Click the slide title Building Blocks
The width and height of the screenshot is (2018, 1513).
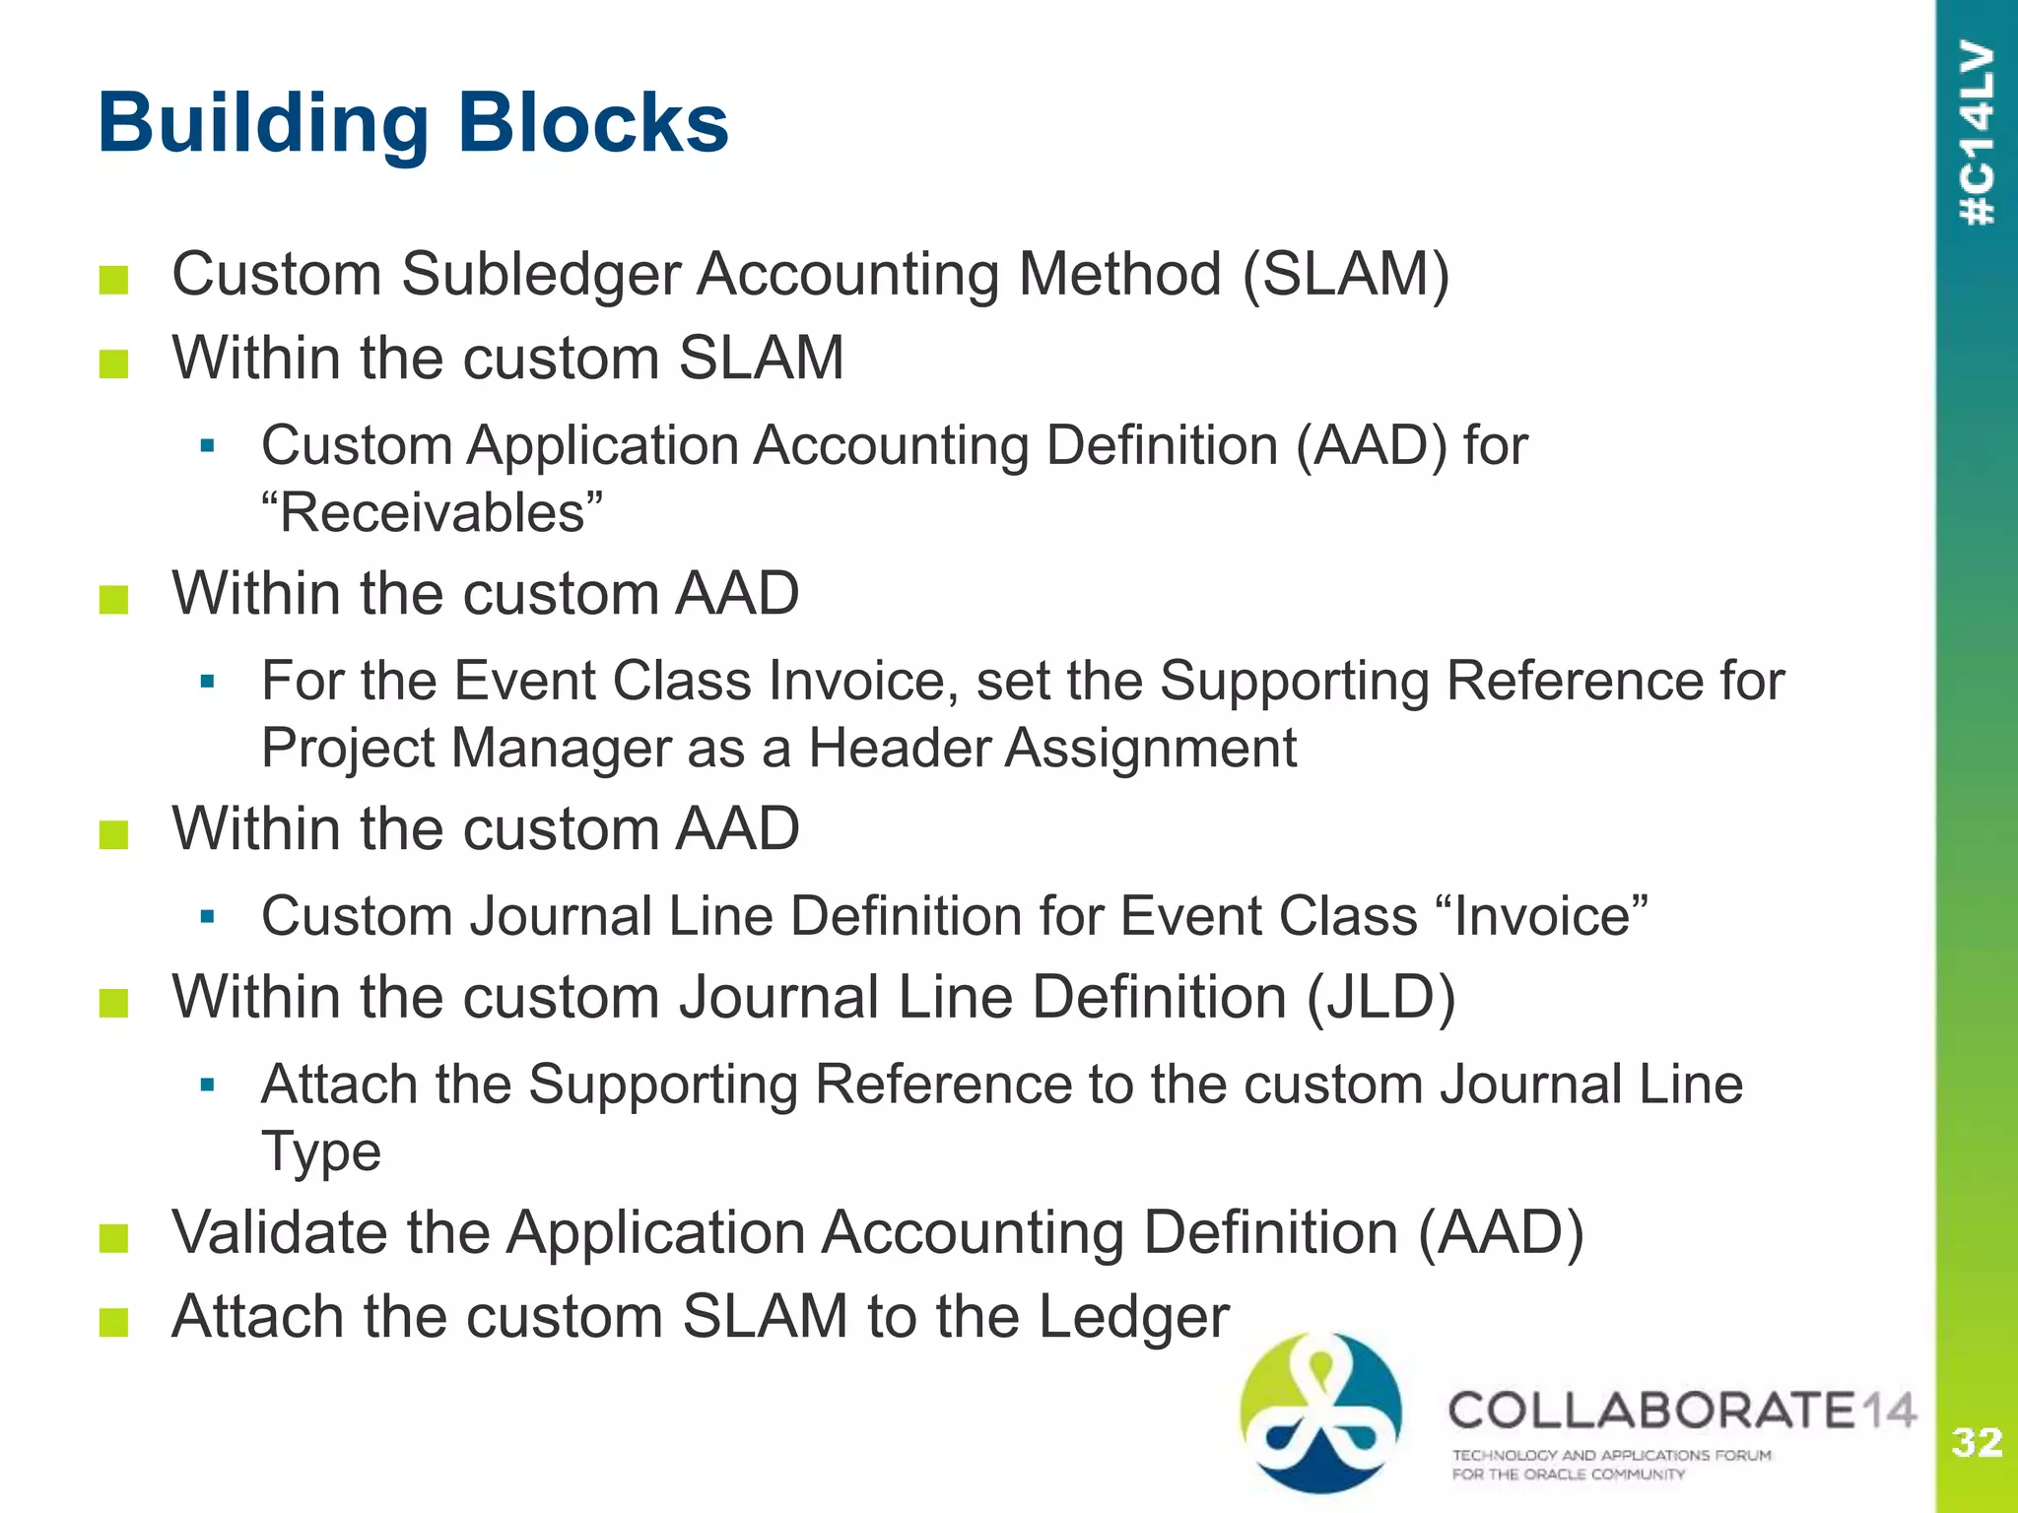pyautogui.click(x=413, y=124)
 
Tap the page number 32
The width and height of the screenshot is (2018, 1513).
pyautogui.click(x=1977, y=1443)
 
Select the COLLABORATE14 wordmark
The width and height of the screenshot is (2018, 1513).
pyautogui.click(x=1681, y=1411)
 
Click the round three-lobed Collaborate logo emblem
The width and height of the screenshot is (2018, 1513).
pyautogui.click(x=1320, y=1411)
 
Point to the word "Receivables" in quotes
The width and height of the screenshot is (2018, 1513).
pyautogui.click(x=432, y=513)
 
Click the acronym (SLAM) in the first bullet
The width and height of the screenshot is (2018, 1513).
pyautogui.click(x=1345, y=274)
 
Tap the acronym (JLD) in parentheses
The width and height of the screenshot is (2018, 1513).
pyautogui.click(x=1380, y=997)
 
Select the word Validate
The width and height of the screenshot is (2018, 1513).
pyautogui.click(x=330, y=1232)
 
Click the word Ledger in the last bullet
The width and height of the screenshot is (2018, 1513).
pyautogui.click(x=1134, y=1316)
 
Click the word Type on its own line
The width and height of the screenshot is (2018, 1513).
pyautogui.click(x=320, y=1151)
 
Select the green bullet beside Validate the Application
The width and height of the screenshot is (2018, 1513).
pyautogui.click(x=114, y=1238)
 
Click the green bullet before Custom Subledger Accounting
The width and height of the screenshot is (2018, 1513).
pyautogui.click(x=114, y=280)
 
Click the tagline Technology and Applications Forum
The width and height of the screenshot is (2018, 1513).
pyautogui.click(x=1611, y=1455)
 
